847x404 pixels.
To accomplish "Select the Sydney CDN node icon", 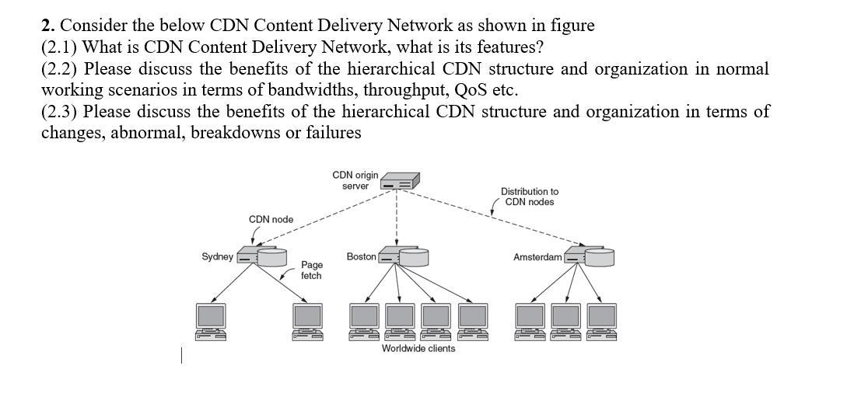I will [x=261, y=256].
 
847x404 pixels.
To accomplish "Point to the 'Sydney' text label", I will [x=217, y=256].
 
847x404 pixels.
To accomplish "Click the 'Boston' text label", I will [x=361, y=256].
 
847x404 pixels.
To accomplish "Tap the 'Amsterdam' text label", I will [x=537, y=256].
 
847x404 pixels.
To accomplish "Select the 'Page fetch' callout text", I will [x=311, y=270].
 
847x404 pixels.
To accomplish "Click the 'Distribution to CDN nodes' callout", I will [x=529, y=197].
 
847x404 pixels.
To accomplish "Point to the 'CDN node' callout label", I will [x=271, y=219].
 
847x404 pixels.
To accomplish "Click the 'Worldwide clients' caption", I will [x=418, y=348].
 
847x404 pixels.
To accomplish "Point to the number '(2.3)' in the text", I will [x=59, y=111].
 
